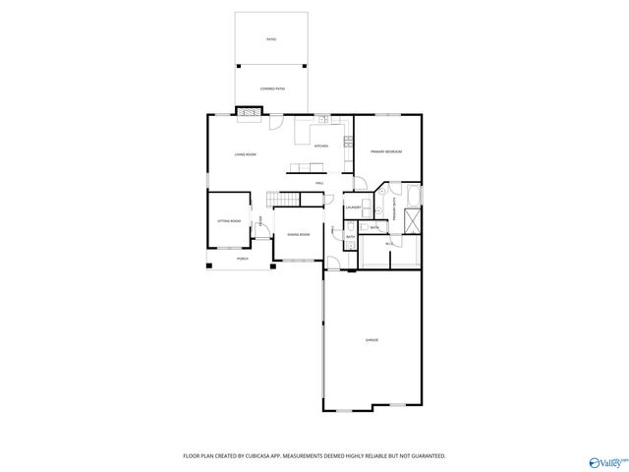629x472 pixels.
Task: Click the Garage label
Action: pos(372,340)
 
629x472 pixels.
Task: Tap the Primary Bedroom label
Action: pos(386,151)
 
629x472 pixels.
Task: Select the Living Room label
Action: pos(245,155)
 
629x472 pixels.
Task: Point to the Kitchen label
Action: pos(320,147)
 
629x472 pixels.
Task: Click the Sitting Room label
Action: pos(229,222)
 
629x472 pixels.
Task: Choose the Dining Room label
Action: pos(298,235)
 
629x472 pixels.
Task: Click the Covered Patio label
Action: pos(271,89)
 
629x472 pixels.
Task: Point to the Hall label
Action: pos(319,183)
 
